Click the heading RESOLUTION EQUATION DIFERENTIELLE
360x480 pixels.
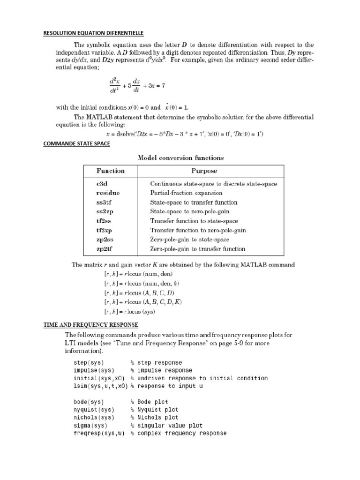click(93, 33)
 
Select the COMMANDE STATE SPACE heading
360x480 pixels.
click(76, 144)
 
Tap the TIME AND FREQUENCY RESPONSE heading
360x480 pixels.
click(90, 324)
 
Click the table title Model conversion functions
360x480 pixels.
click(180, 157)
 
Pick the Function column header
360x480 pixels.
click(110, 171)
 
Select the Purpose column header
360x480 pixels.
click(204, 171)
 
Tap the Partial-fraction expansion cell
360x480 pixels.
click(186, 193)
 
